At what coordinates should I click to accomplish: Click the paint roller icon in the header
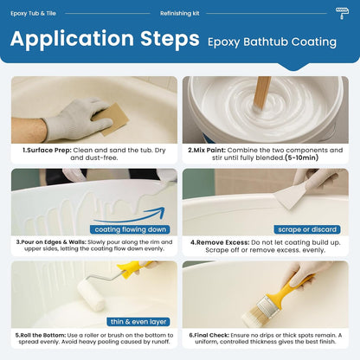343,14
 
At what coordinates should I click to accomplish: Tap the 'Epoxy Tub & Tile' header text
35,14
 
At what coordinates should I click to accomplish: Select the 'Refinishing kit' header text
180,14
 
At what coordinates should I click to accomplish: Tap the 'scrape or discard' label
306,229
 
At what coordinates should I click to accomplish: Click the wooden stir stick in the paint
260,92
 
